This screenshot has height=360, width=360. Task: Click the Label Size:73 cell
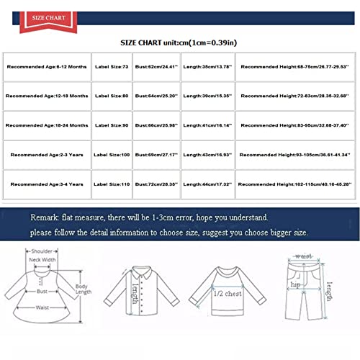[x=112, y=66]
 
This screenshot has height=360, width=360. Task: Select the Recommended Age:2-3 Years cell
[x=47, y=155]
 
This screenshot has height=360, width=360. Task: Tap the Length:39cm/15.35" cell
[x=207, y=96]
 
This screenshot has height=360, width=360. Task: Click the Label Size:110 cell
[x=112, y=184]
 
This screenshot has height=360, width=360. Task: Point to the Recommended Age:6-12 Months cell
[x=47, y=66]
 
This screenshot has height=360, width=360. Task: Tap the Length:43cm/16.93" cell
[x=207, y=155]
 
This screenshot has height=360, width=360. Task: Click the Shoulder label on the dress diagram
[x=40, y=251]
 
